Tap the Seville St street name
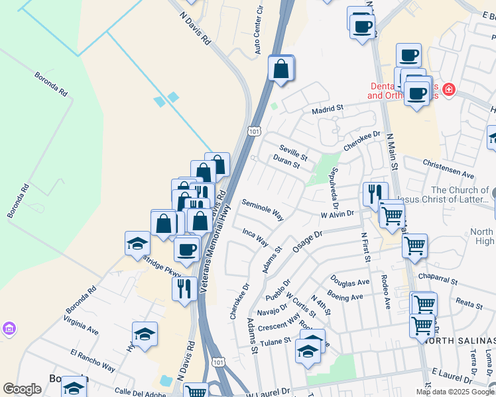293,153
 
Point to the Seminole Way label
263,209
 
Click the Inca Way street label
255,236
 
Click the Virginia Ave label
81,324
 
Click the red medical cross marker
449,89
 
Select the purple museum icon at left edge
8,329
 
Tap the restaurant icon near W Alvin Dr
375,193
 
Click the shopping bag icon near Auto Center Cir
281,67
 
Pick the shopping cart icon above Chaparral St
414,245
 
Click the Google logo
22,389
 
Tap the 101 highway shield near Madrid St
255,131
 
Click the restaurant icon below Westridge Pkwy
182,288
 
